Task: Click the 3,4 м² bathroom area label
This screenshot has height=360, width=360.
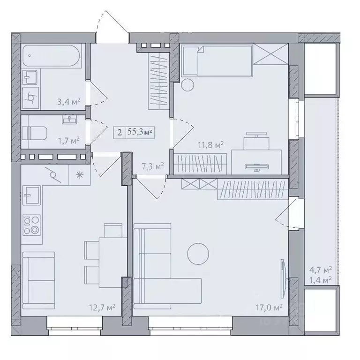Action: tap(68, 101)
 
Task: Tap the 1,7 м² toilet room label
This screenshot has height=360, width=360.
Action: tap(68, 140)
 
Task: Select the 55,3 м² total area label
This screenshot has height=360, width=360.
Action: tap(140, 132)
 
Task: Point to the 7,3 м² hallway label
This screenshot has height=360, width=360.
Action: tap(153, 166)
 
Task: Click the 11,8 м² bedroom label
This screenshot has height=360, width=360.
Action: tap(211, 145)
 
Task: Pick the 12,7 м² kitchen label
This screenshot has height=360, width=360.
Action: tap(102, 307)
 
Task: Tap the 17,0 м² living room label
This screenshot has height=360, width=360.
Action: tap(269, 307)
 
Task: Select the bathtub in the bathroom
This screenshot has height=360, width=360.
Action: tap(52, 56)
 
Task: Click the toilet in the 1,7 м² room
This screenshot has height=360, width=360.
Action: tap(34, 134)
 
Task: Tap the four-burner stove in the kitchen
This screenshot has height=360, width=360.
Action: tap(31, 225)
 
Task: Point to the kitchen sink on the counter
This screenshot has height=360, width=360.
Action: tap(32, 195)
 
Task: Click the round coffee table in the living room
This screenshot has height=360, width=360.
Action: tap(198, 254)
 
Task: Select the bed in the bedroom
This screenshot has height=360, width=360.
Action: tap(217, 60)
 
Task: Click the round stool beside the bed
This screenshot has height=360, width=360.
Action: tap(187, 85)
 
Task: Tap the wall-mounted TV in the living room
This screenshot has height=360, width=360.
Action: tap(284, 278)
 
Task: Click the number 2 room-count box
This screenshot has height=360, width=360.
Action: tap(120, 133)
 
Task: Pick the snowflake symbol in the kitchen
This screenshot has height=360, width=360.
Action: tap(79, 175)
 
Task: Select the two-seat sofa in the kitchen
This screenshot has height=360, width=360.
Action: tap(38, 280)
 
